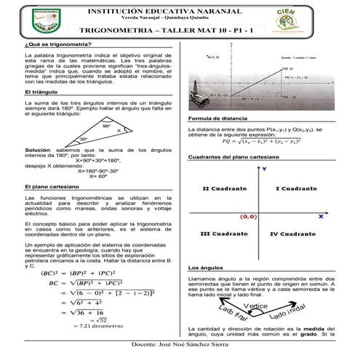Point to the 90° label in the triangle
click(105, 126)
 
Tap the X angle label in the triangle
click(119, 133)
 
